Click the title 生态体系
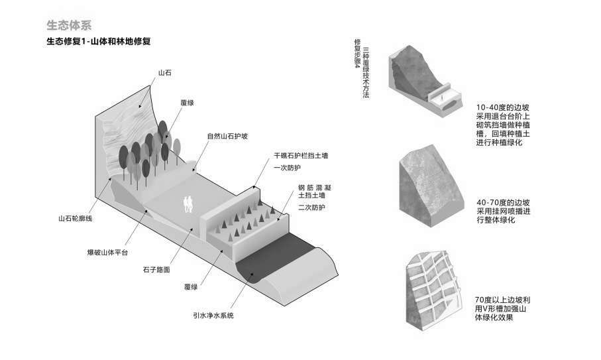click(x=69, y=26)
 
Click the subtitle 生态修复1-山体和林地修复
click(x=99, y=42)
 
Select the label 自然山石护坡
click(x=227, y=137)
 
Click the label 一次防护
click(x=288, y=168)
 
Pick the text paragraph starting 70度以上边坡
click(x=505, y=309)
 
